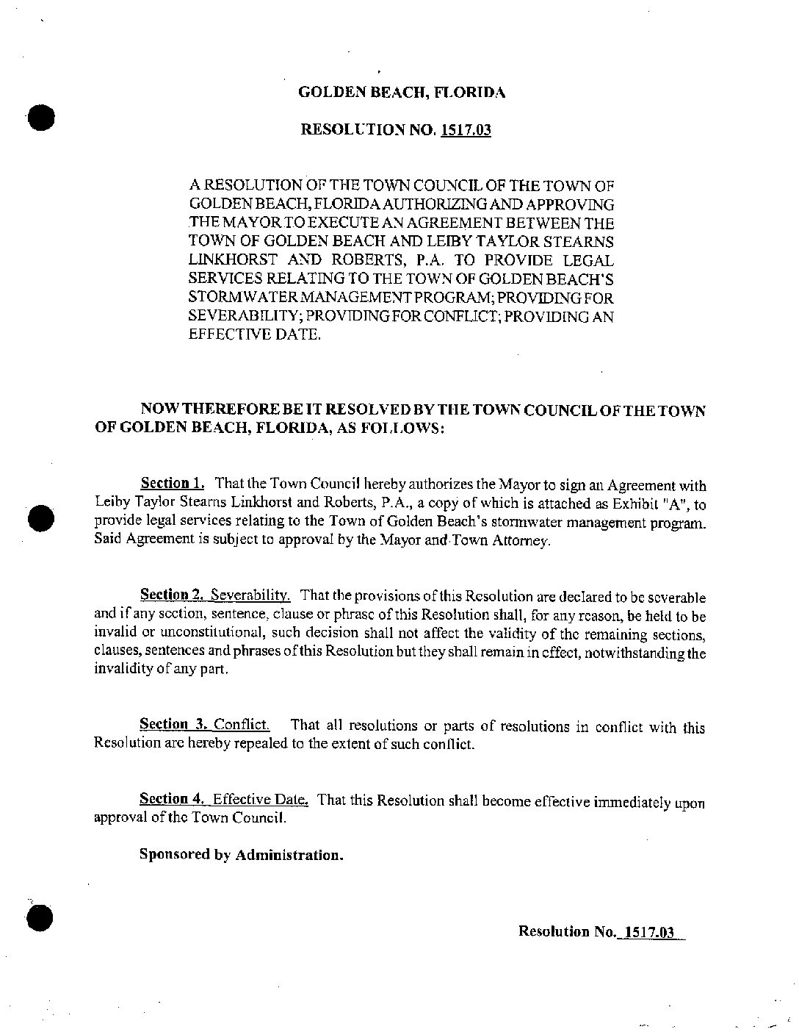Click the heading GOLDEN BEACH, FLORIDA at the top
click(x=402, y=93)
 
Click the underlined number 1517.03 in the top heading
click(x=466, y=130)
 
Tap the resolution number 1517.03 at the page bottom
click(x=647, y=932)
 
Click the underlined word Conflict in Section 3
click(x=242, y=725)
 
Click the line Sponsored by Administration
click(x=242, y=855)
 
